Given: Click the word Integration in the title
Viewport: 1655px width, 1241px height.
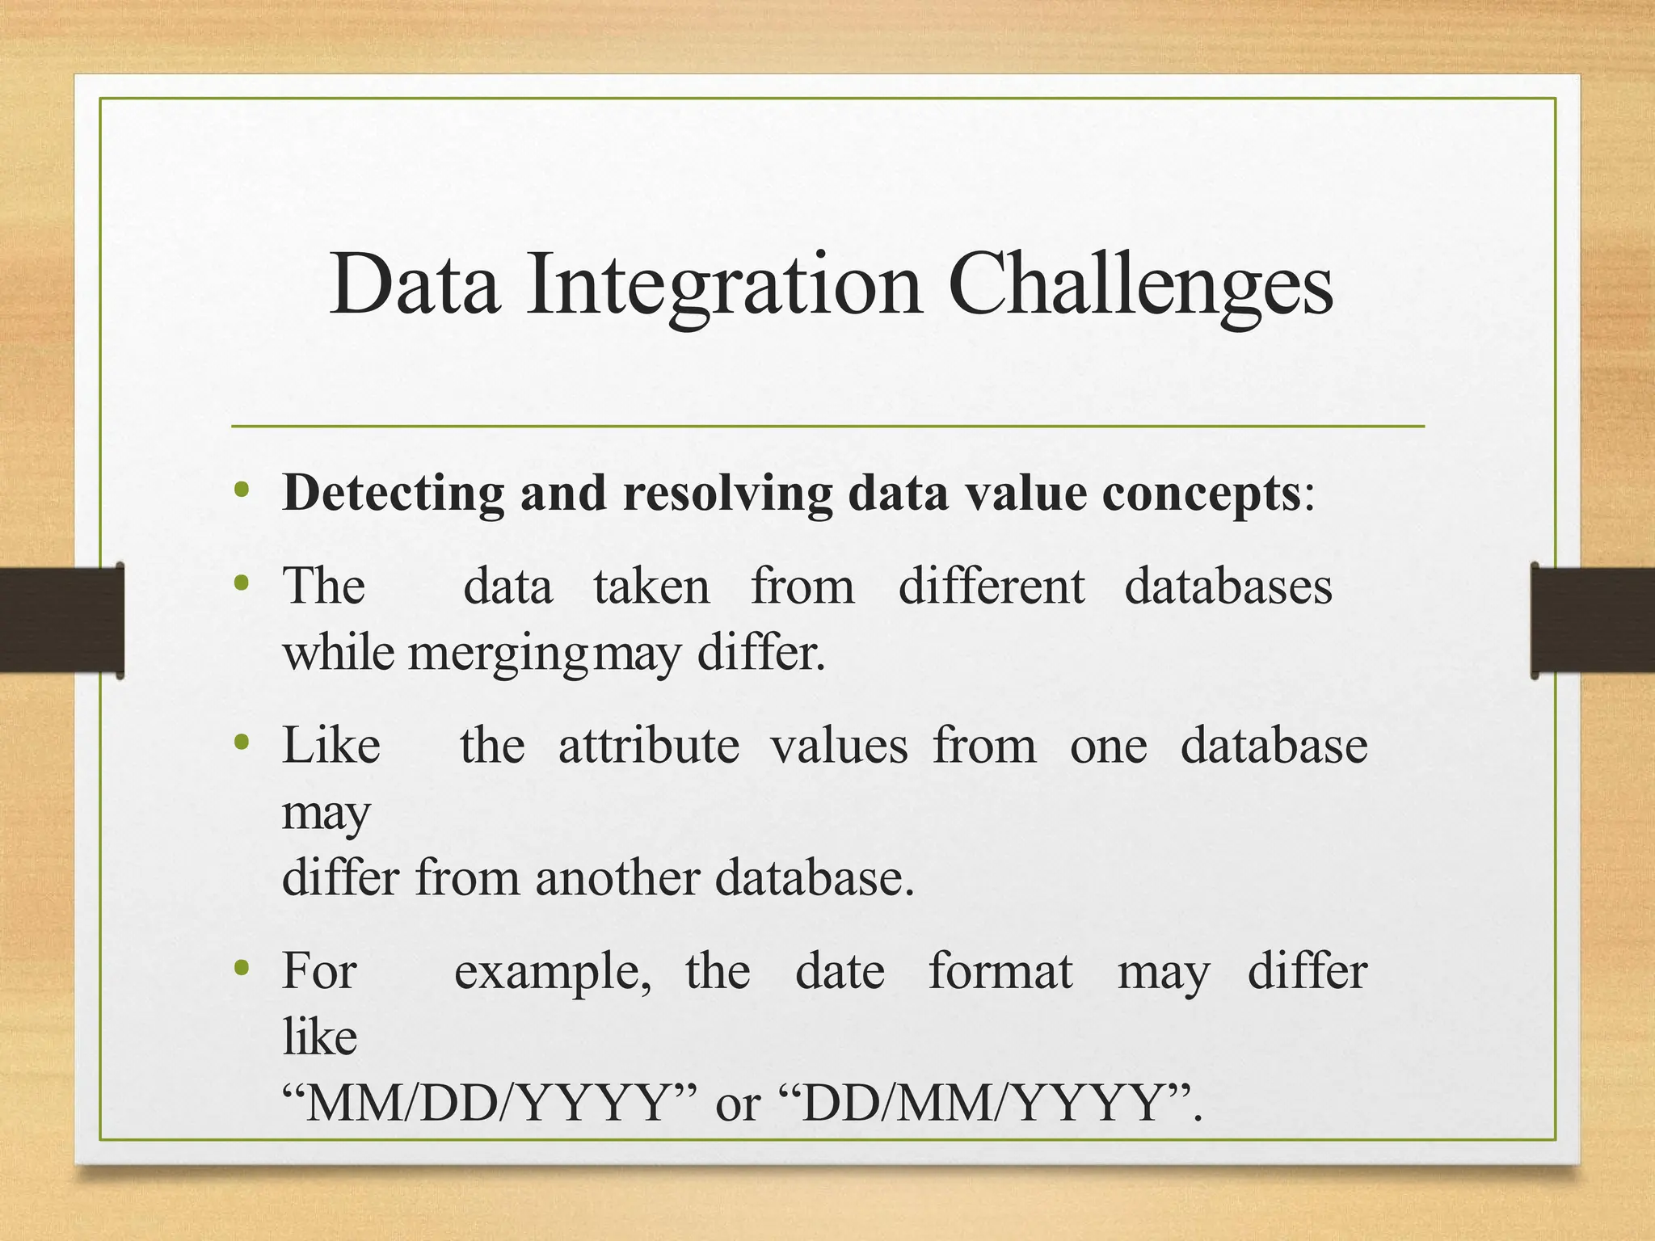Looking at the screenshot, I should point(723,284).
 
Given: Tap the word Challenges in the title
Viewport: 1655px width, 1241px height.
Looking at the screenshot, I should point(1139,284).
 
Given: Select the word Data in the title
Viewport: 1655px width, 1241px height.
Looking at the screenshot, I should point(415,284).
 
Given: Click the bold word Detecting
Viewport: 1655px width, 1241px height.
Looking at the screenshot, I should point(393,493).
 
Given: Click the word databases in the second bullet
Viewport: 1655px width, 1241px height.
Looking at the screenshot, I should point(1228,586).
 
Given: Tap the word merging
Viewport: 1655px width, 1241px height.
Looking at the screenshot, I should point(498,653).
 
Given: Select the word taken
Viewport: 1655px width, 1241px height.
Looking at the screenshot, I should point(651,586).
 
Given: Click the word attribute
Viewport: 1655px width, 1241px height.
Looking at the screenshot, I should point(648,745).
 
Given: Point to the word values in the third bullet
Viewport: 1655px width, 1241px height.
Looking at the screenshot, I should point(839,745).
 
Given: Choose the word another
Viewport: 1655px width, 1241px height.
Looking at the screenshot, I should point(617,877).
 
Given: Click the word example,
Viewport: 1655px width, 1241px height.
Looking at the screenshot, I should point(553,971).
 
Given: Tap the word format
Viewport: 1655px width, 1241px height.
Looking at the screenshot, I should point(1000,971).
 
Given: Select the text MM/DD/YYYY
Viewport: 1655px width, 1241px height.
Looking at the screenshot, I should point(490,1104).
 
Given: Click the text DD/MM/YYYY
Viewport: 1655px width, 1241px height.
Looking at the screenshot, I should point(983,1104).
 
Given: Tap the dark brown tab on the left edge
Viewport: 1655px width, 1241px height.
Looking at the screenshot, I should point(61,620).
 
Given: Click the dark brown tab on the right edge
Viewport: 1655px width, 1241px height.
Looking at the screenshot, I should point(1592,620).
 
